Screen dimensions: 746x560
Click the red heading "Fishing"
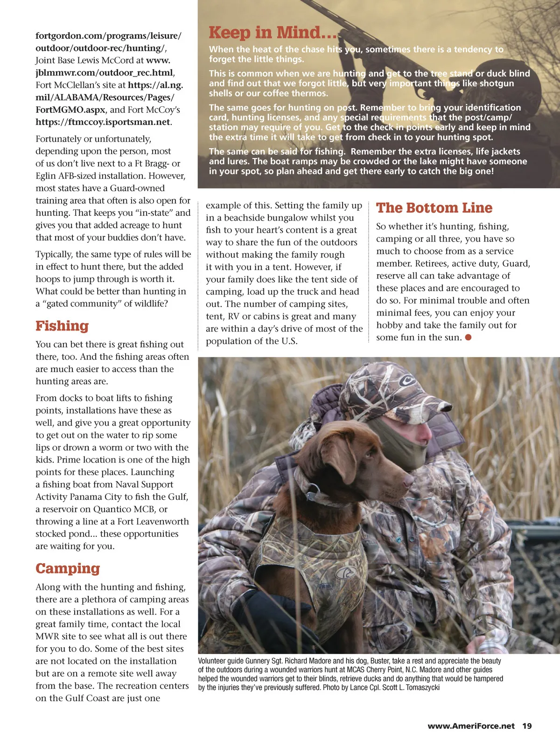62,326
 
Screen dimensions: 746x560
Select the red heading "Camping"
68,568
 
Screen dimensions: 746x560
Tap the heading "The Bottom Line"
434,208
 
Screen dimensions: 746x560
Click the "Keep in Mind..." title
273,33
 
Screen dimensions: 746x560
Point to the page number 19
527,726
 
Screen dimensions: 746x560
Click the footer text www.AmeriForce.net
471,726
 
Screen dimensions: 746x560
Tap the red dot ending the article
468,337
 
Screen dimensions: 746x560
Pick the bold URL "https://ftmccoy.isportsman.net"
103,122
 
